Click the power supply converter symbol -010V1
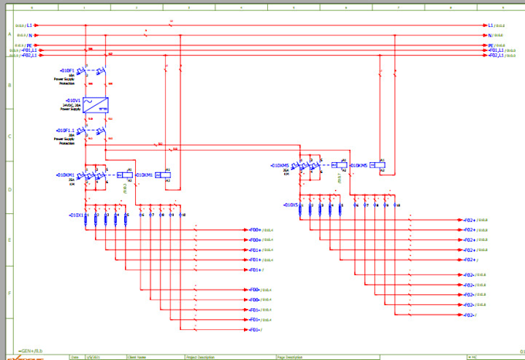click(96, 105)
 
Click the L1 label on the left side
click(29, 25)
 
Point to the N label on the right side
click(489, 35)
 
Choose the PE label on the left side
click(29, 46)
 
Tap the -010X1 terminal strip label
click(76, 215)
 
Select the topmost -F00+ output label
click(254, 230)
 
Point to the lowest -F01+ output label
click(254, 330)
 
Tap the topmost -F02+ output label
click(469, 220)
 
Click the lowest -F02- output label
click(469, 315)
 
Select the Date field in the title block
click(74, 358)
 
